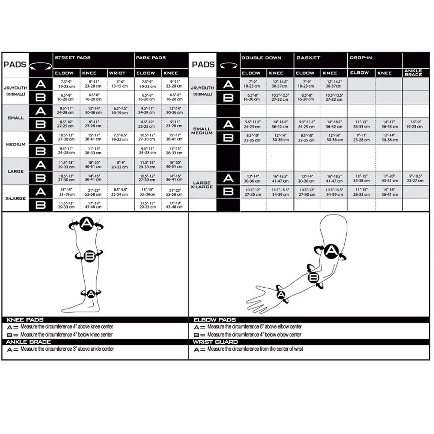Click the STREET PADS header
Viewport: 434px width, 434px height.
[x=72, y=58]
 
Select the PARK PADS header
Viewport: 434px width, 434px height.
[x=151, y=58]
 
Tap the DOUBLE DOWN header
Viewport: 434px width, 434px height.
[x=261, y=58]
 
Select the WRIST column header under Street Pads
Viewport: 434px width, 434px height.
[x=117, y=73]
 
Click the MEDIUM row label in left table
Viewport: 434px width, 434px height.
[x=16, y=144]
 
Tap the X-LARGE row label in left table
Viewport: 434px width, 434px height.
[x=16, y=198]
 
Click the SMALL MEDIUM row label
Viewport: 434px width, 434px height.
[x=202, y=131]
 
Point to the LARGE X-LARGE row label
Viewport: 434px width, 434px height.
[x=202, y=184]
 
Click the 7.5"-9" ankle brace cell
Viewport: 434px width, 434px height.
[x=416, y=124]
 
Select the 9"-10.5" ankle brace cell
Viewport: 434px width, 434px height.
[x=416, y=178]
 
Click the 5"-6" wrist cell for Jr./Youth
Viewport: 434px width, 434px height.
[x=118, y=84]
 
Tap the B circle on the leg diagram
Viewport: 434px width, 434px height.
[x=90, y=256]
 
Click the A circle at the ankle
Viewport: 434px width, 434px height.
[x=91, y=294]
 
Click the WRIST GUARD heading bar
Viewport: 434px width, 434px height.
[x=216, y=342]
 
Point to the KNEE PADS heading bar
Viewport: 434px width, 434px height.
[x=26, y=320]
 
